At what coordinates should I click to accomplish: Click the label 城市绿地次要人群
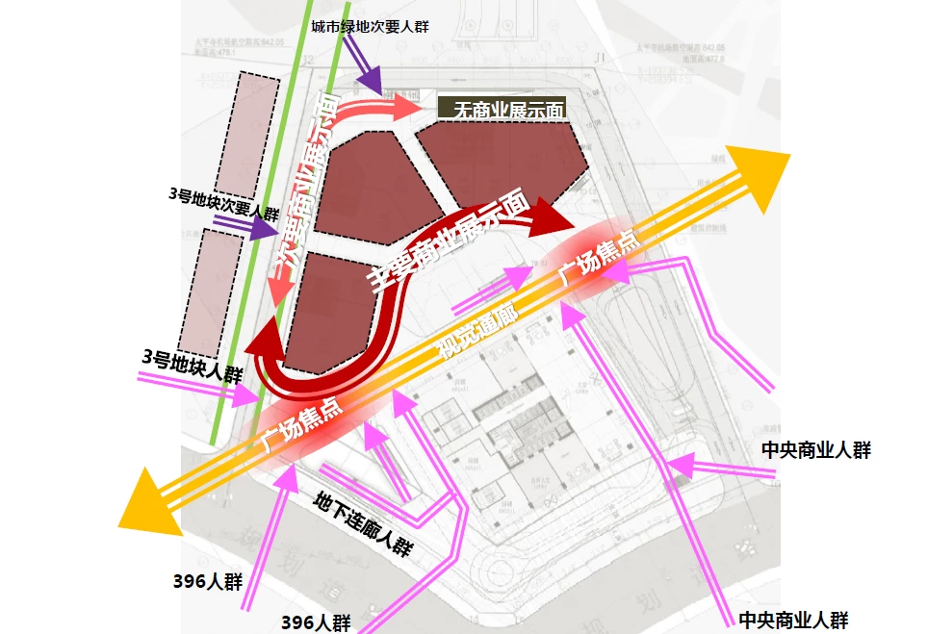pos(370,27)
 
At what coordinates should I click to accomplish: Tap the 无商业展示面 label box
pos(502,109)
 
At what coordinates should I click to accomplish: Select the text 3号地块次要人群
pos(223,199)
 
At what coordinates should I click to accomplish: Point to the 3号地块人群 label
pos(192,366)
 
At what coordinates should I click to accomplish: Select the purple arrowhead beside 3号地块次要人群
pos(264,229)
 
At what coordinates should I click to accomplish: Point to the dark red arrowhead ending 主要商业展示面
pos(552,220)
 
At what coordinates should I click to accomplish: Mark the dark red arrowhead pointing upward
pos(264,340)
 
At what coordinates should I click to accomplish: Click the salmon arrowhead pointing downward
pos(281,290)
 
